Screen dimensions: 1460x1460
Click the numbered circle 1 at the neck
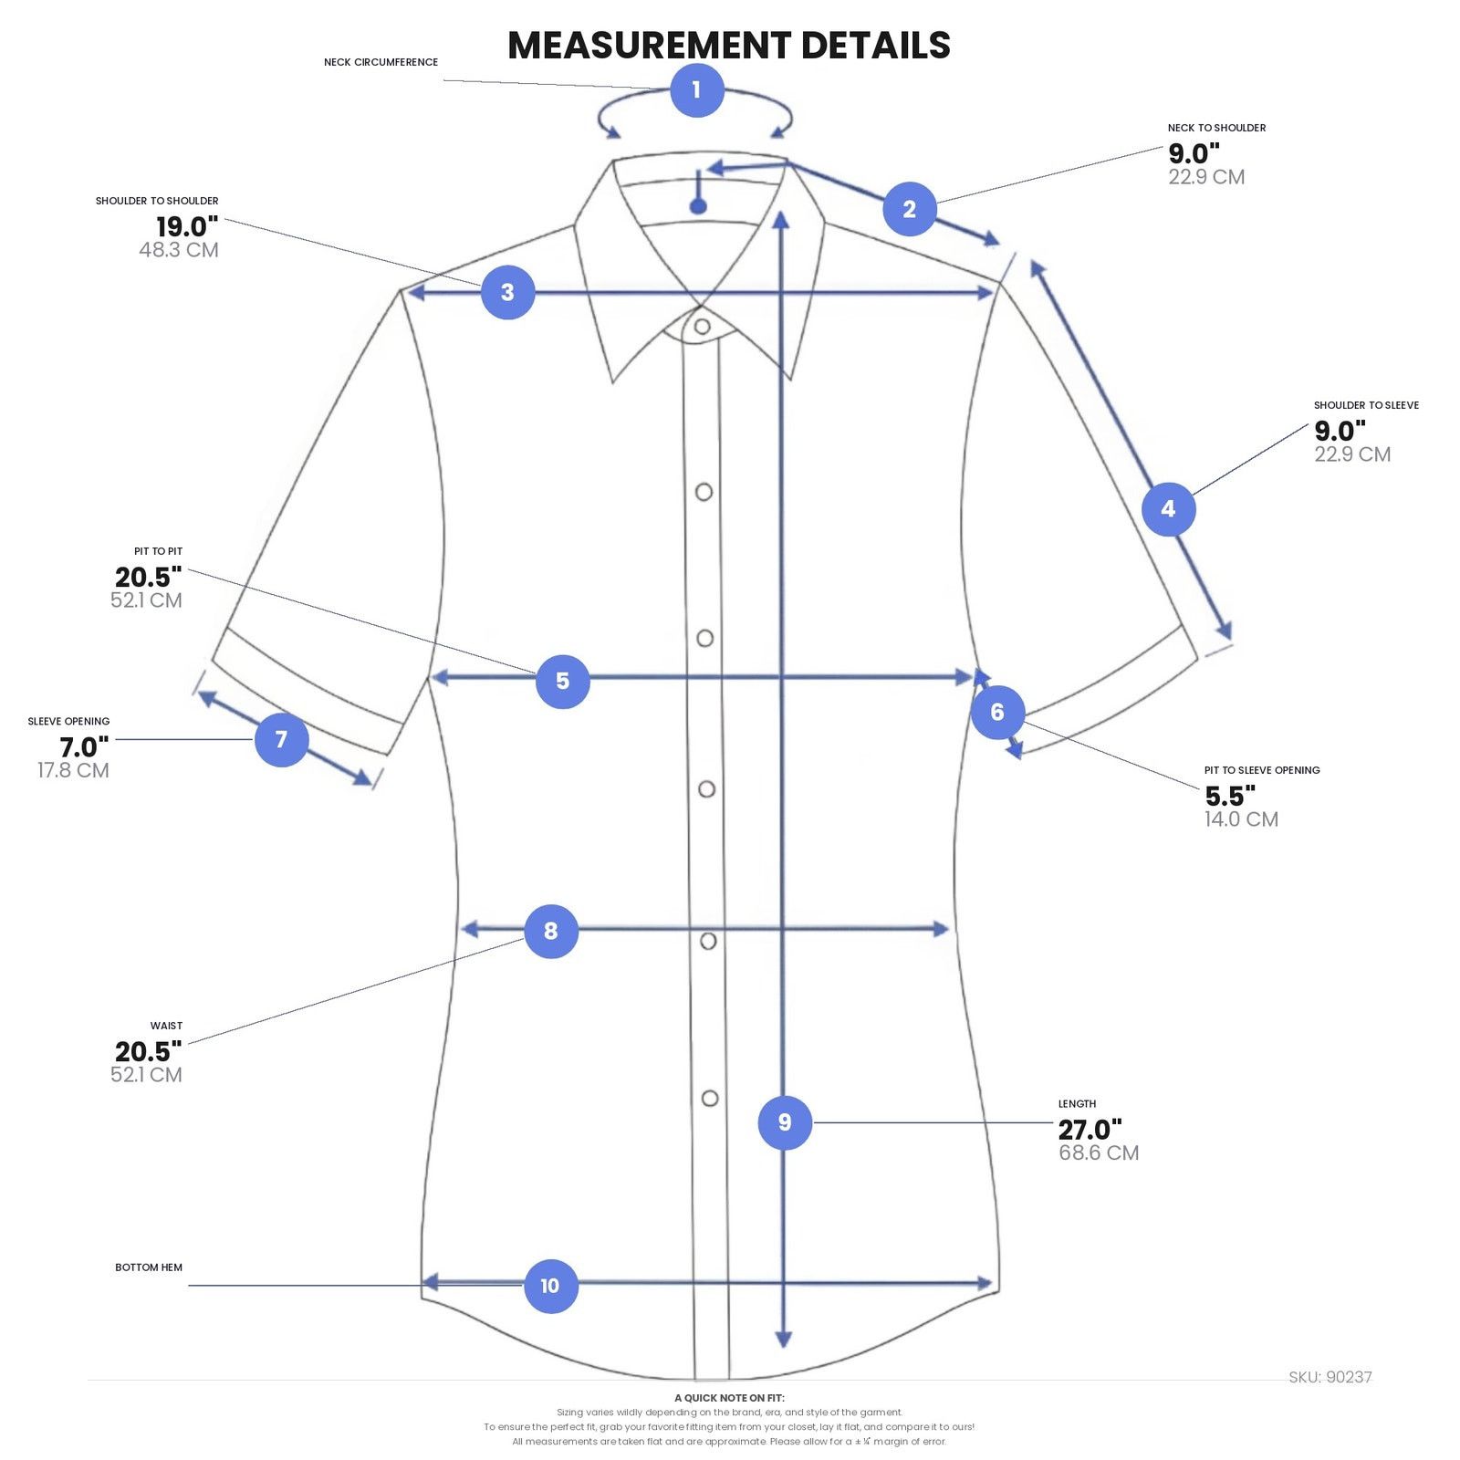[697, 90]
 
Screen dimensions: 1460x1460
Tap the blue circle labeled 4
[1169, 509]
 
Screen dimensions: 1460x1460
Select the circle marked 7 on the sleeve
[281, 739]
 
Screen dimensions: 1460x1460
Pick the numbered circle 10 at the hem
[550, 1286]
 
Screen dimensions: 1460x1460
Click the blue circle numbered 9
[785, 1122]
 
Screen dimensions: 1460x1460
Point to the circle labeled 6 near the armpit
[997, 712]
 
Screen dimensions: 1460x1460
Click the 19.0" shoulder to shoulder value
[187, 226]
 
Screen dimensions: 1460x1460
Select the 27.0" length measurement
[1090, 1130]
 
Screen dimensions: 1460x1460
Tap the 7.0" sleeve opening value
[84, 747]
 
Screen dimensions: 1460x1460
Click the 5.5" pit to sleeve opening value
[1230, 796]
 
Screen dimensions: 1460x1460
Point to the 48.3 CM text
[179, 250]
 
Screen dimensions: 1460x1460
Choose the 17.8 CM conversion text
[73, 770]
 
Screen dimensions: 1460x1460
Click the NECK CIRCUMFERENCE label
[381, 62]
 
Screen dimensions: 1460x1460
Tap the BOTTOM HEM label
[149, 1267]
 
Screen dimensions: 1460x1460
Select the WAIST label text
[166, 1026]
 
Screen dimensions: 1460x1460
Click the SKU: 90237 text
[1330, 1377]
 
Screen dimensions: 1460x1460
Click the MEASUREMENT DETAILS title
[729, 45]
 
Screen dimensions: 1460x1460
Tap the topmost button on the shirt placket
[702, 326]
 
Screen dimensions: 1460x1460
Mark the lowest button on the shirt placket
[709, 1099]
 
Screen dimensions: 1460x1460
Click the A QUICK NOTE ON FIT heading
[729, 1398]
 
